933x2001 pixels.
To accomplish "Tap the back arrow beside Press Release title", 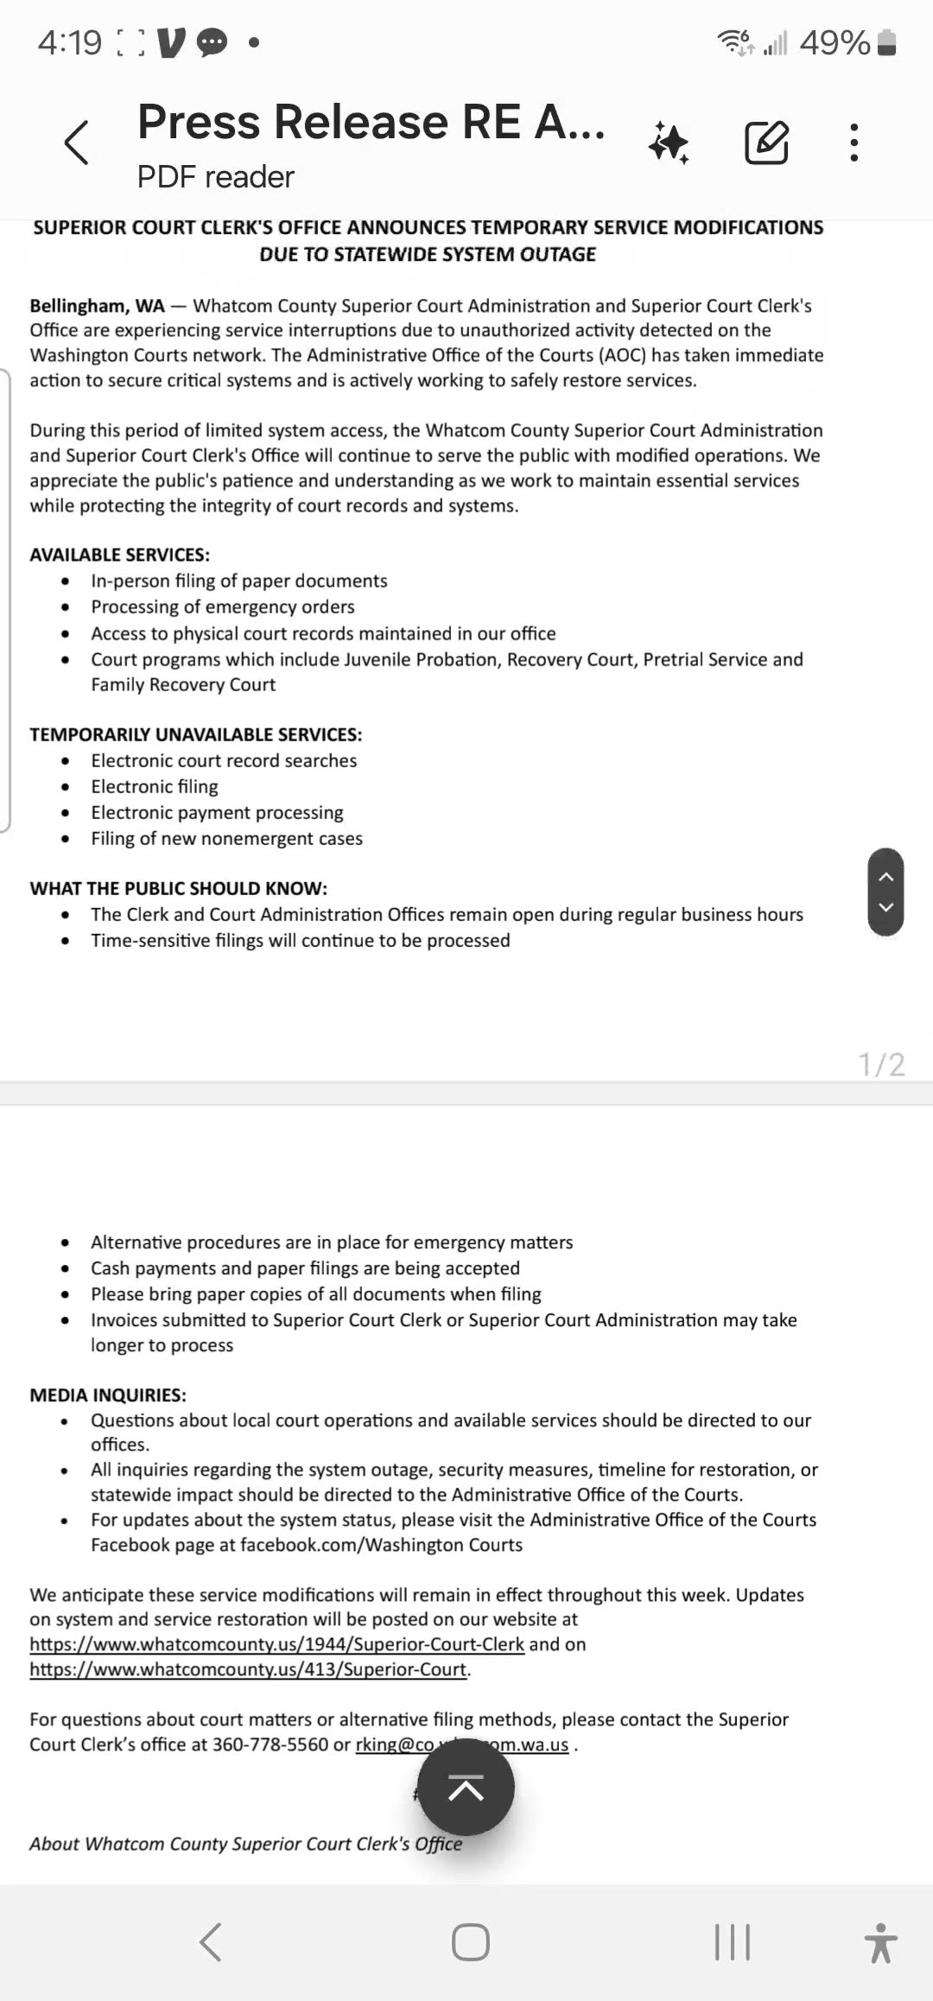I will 76,143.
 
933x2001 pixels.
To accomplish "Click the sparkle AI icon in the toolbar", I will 670,143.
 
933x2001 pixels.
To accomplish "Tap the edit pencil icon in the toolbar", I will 766,143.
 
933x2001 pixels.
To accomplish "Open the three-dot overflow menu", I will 854,143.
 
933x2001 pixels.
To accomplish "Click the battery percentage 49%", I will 835,42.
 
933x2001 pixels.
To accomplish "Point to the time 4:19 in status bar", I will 69,42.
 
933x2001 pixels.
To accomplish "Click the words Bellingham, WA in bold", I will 97,306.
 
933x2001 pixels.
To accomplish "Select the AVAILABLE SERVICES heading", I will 120,555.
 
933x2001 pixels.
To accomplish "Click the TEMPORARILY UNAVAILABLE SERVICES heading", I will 196,734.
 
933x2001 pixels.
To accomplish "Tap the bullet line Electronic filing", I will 155,786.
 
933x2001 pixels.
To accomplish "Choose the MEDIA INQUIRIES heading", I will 108,1395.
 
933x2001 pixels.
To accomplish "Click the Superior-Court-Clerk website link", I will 276,1644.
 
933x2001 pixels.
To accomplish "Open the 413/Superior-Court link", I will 249,1669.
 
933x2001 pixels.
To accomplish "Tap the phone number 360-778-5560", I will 270,1744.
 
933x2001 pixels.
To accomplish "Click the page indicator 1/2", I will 881,1064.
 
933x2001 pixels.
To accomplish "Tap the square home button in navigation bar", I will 471,1942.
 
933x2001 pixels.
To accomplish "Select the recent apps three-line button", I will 732,1942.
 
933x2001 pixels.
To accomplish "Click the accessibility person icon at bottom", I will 880,1942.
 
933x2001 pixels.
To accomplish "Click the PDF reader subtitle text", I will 216,177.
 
